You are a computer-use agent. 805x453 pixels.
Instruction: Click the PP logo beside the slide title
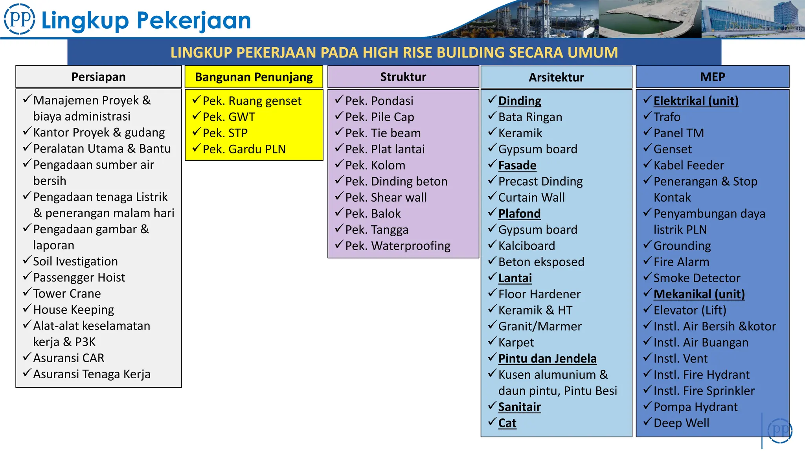19,19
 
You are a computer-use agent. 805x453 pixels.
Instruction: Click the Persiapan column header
98,77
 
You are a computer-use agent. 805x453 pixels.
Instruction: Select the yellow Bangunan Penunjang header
254,77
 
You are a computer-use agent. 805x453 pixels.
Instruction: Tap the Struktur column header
403,77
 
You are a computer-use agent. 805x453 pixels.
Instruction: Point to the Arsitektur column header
556,77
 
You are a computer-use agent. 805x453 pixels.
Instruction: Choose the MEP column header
712,77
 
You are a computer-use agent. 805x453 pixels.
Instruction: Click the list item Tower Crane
67,294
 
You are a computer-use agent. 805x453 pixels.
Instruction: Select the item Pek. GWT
229,117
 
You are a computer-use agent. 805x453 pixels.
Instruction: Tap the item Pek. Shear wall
386,197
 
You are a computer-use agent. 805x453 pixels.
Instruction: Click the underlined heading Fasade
517,165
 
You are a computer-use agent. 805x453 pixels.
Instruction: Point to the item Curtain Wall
531,197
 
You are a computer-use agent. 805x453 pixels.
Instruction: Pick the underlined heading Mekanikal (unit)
699,294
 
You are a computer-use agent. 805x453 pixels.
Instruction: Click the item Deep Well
681,423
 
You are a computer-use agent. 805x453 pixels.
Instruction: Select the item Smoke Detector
697,278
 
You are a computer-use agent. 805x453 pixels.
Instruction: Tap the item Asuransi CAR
69,358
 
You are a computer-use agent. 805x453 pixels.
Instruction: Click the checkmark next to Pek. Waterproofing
339,245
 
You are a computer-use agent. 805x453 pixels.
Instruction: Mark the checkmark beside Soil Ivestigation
27,260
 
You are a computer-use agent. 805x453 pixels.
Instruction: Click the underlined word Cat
507,423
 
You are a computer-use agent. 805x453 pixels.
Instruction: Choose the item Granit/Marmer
540,326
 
